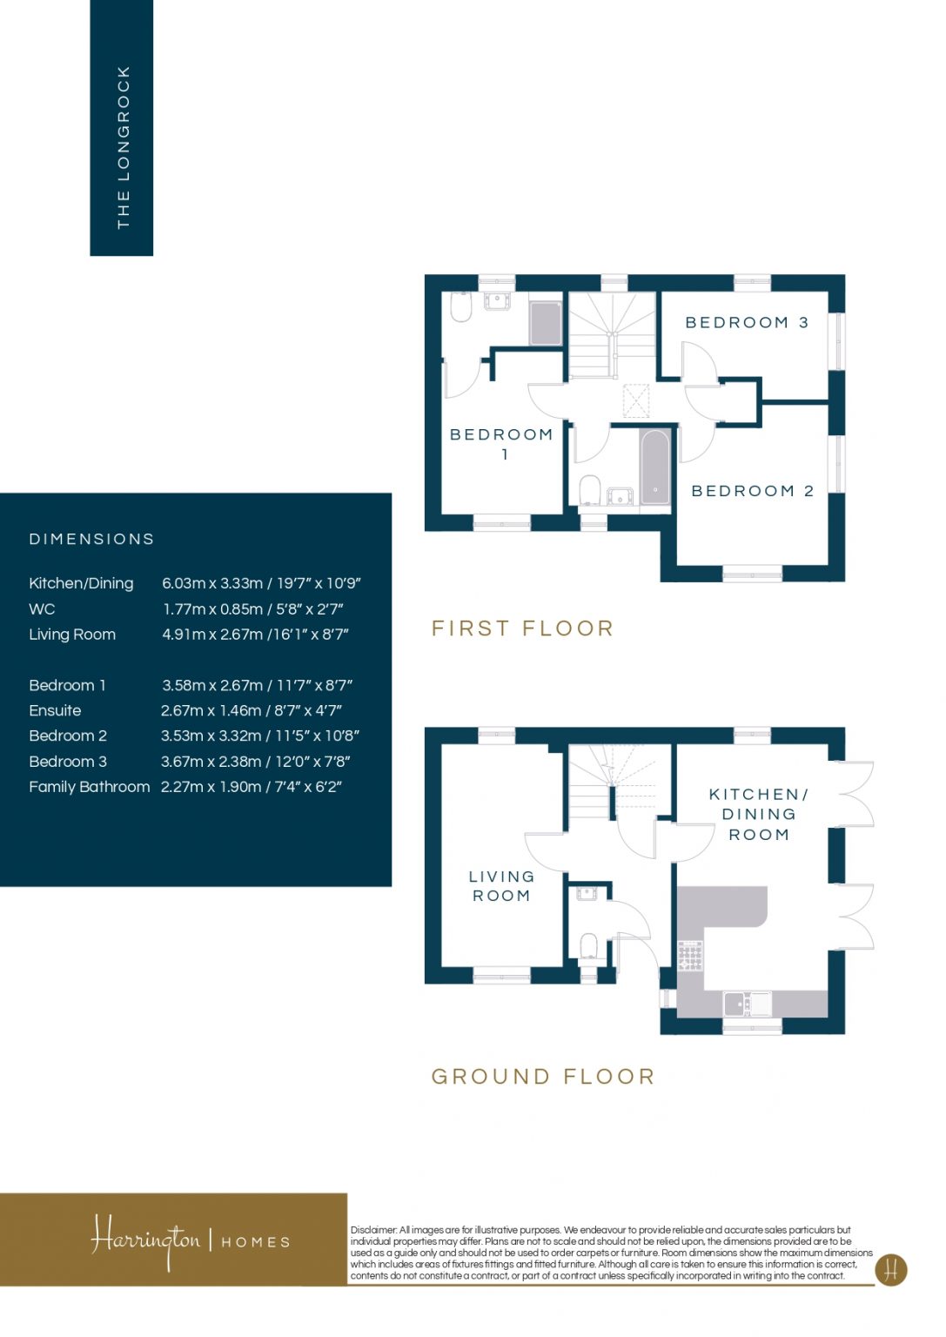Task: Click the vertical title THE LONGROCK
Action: (123, 147)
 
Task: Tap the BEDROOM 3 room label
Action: (747, 323)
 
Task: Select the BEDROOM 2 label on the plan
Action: (753, 491)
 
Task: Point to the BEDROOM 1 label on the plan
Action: (502, 443)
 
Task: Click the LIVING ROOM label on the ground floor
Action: (501, 886)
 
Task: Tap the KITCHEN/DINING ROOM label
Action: (759, 814)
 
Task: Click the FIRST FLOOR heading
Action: (522, 628)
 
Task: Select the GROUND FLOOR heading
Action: (543, 1077)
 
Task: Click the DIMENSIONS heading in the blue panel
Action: (91, 540)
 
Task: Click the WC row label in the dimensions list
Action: (42, 609)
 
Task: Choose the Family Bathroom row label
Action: (89, 787)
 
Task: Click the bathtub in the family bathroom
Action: (655, 467)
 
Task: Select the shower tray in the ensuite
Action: (546, 323)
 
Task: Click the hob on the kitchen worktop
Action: (690, 956)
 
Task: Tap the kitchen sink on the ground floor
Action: (735, 1004)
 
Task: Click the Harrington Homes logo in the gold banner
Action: (190, 1240)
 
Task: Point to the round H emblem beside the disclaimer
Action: (890, 1270)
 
